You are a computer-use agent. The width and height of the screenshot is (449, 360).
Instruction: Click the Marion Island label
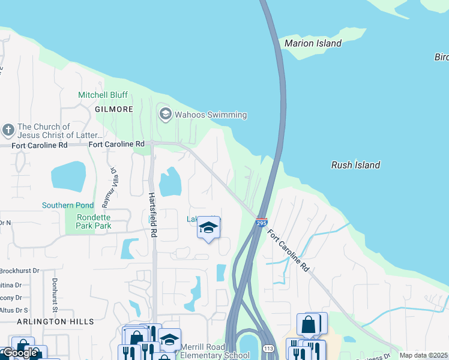pyautogui.click(x=313, y=43)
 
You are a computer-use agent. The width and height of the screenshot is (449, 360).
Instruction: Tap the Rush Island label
pyautogui.click(x=355, y=165)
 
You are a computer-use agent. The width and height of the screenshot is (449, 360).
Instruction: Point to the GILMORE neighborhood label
pyautogui.click(x=113, y=109)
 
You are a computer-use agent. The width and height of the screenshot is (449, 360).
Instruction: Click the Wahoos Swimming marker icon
pyautogui.click(x=165, y=113)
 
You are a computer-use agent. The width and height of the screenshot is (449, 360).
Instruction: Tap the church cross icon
pyautogui.click(x=8, y=130)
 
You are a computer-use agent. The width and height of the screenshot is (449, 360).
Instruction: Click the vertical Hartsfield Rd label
pyautogui.click(x=153, y=213)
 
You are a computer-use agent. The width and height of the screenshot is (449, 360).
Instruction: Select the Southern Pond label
pyautogui.click(x=68, y=206)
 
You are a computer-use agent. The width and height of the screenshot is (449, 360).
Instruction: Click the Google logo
pyautogui.click(x=19, y=352)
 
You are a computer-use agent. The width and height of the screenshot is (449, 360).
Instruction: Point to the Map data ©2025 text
pyautogui.click(x=423, y=355)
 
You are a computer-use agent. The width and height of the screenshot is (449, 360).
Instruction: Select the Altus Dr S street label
pyautogui.click(x=14, y=310)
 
